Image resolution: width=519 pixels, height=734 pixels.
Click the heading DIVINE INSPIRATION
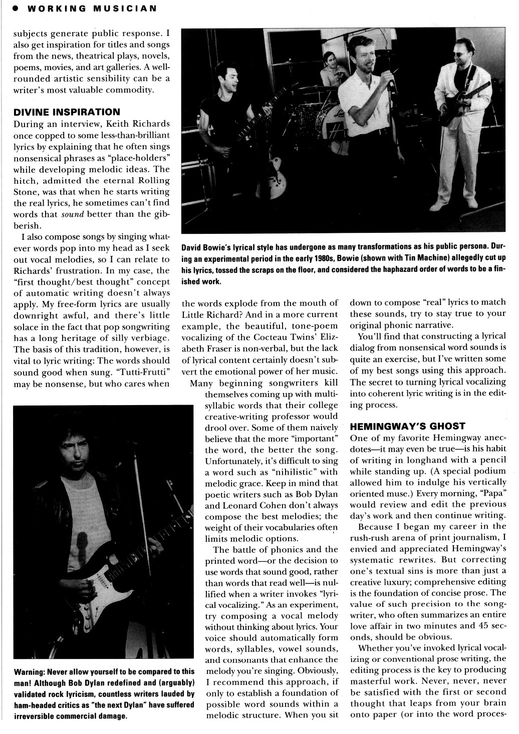tap(67, 112)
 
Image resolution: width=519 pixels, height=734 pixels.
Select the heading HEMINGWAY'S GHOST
tap(407, 427)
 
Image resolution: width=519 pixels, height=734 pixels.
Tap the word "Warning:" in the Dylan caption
tap(29, 671)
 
